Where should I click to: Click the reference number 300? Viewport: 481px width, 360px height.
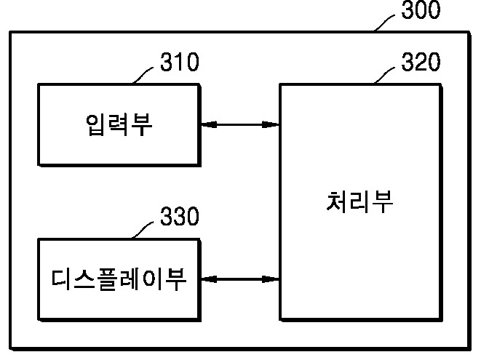[420, 12]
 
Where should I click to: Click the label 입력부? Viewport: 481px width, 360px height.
[118, 125]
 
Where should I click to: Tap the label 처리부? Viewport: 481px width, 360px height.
[359, 201]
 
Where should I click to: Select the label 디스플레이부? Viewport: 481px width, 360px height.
[118, 279]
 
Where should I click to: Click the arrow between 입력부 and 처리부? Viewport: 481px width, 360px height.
[239, 125]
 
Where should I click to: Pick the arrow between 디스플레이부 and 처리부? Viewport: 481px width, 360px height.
[239, 279]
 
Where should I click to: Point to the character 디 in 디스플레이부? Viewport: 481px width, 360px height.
[64, 279]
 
